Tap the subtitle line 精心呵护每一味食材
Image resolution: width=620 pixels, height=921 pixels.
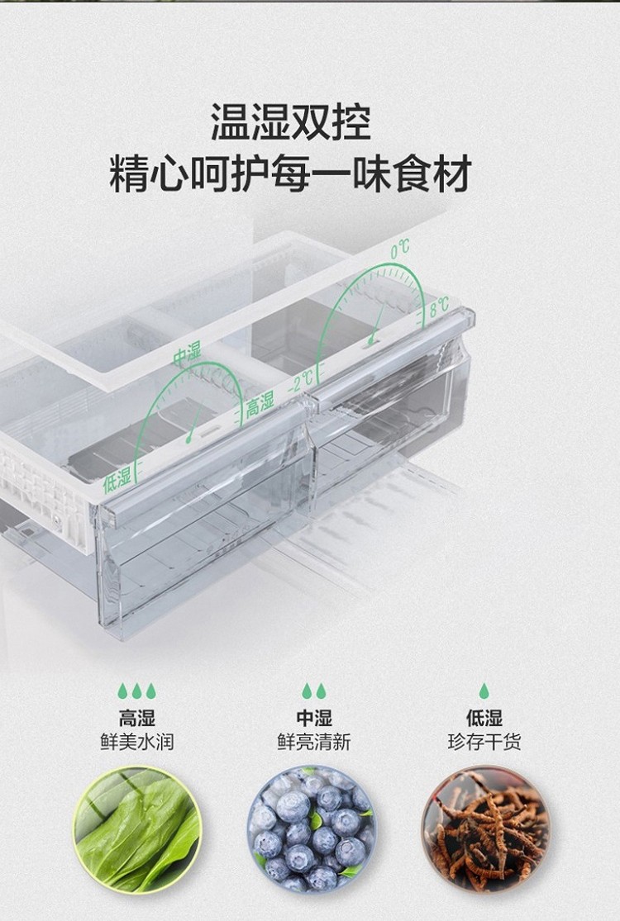(290, 174)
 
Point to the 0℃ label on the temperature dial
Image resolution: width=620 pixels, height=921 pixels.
(400, 248)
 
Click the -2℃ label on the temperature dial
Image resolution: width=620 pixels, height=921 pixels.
(301, 381)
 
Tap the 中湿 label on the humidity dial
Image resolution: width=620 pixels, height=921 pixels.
(187, 354)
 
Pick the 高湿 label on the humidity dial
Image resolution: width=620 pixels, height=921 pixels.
(260, 405)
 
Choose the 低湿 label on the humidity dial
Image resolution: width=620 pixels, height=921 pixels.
(117, 479)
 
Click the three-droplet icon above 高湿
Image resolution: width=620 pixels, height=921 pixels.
(136, 691)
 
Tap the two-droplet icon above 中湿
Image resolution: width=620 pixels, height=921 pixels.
(314, 691)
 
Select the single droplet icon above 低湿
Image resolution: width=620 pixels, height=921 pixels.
(484, 691)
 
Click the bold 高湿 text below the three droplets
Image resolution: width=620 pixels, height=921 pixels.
(136, 718)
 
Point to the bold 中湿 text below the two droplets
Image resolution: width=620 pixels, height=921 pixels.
(314, 718)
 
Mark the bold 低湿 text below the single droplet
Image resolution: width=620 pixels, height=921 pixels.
(484, 718)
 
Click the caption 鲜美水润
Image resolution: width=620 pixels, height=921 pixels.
(136, 742)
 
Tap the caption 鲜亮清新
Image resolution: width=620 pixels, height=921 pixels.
(314, 742)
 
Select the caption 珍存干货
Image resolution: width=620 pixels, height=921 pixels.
(484, 742)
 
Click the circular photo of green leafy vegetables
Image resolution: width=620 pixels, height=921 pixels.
(137, 828)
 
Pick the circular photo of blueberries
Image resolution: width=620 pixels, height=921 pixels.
(312, 828)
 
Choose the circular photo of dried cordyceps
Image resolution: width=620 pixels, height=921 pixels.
(485, 828)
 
